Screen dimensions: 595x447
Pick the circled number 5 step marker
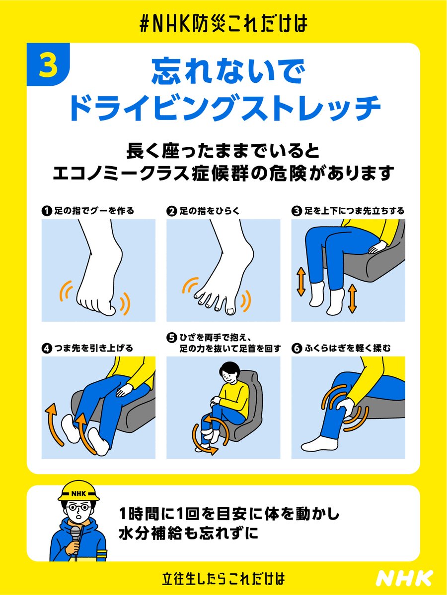tap(171, 338)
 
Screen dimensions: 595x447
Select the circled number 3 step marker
tap(296, 211)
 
